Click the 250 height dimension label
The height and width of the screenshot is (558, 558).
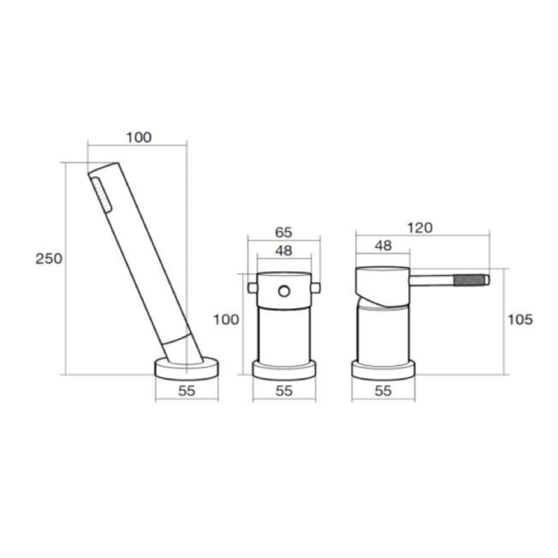coord(49,259)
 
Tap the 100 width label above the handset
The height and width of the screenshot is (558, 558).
coord(139,137)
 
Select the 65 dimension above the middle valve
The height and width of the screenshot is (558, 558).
coord(283,233)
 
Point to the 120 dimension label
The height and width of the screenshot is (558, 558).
coord(420,228)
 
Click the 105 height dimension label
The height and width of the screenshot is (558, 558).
coord(520,320)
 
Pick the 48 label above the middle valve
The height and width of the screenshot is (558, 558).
coord(283,251)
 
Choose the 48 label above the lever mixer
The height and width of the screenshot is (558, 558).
coord(383,246)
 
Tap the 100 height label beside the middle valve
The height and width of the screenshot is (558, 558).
coord(226,320)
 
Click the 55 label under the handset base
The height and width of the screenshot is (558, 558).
coord(187,391)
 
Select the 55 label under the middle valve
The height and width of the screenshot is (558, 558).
coord(284,391)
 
